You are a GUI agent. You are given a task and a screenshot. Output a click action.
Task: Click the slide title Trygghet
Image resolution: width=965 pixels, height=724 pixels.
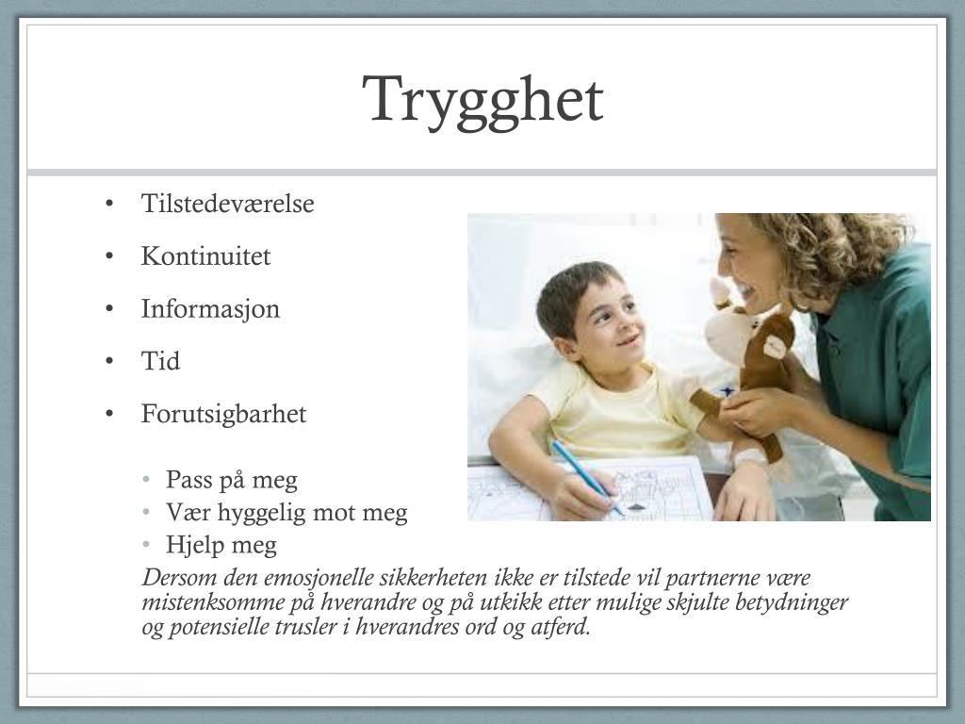pos(482,100)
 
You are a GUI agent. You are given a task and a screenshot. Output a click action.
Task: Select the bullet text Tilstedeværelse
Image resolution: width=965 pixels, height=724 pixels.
pos(227,204)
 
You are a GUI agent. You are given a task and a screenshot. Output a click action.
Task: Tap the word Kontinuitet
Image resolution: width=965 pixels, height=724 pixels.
pos(205,256)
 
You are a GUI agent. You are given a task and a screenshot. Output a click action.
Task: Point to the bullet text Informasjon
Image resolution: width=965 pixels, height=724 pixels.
pos(210,309)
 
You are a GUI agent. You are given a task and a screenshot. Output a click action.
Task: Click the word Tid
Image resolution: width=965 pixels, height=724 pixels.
pos(160,362)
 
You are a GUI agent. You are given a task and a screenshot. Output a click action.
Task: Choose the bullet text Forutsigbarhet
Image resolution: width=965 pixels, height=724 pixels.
pos(223,415)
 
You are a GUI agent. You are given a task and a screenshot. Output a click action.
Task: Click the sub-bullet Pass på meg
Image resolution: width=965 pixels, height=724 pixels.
pos(231,481)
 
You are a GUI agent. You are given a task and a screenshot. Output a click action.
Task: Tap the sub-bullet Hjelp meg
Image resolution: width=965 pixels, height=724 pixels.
pos(221,545)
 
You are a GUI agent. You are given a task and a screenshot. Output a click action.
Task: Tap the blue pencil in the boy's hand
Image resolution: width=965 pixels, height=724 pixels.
pos(585,478)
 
